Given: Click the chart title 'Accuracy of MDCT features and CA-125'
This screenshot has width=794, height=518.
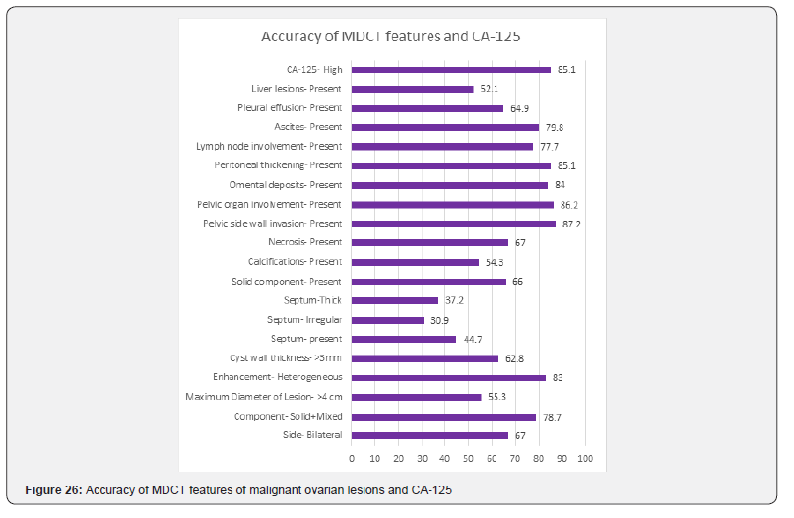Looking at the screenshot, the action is point(390,36).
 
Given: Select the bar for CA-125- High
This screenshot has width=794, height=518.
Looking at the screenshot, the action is point(450,70).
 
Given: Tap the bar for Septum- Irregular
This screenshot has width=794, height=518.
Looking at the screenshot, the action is point(387,320).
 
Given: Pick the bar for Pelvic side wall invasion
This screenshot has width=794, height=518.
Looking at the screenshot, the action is point(453,224).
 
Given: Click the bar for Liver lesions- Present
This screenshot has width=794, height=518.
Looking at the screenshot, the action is point(412,89).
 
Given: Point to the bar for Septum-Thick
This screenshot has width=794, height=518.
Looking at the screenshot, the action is point(395,300).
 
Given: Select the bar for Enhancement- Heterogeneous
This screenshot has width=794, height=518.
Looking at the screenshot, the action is point(448,378).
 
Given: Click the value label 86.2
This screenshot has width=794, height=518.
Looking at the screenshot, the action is point(569,205).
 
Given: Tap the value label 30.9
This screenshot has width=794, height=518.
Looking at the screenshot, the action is point(439,320).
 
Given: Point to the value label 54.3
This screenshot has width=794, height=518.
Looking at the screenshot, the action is point(495,262).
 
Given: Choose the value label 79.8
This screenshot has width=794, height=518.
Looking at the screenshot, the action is point(555,128).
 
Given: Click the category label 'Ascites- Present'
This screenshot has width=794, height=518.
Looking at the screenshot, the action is point(308,127).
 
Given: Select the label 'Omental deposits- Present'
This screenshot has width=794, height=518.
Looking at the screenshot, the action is point(285,185).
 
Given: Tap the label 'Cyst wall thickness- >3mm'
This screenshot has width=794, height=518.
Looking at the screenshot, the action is point(286,358).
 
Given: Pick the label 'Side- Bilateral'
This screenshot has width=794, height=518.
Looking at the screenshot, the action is point(312,435).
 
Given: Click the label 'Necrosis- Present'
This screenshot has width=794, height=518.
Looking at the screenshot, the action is point(304,242).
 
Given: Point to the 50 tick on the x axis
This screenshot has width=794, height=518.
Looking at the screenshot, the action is point(468,459).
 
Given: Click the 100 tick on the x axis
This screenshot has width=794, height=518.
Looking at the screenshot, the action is point(585,459).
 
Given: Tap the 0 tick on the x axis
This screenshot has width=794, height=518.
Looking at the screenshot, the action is point(352,459).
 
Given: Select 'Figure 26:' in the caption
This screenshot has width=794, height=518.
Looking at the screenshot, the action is point(53,490).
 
